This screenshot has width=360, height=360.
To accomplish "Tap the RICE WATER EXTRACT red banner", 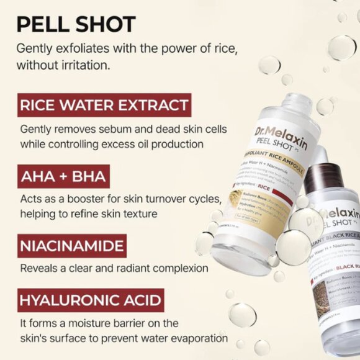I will [104, 105].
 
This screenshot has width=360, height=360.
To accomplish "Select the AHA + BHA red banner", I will [63, 177].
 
